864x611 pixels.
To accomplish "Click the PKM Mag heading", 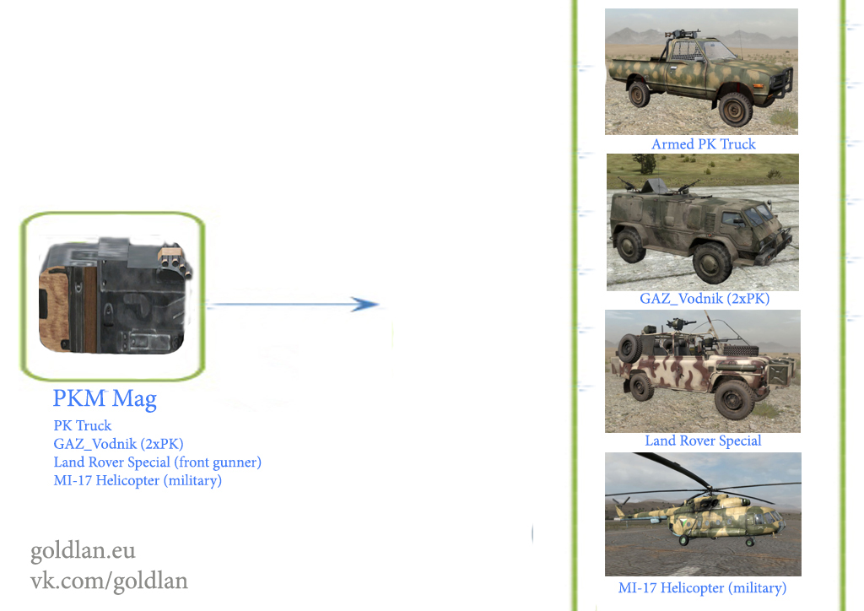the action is tap(105, 399).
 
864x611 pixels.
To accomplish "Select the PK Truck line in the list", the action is tap(82, 425).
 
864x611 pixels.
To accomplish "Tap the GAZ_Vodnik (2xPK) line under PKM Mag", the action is tap(118, 444).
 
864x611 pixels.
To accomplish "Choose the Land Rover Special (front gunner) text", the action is tap(157, 462).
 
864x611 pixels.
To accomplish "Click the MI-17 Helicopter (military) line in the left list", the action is tap(138, 480).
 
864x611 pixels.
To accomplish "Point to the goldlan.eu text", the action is tap(83, 551).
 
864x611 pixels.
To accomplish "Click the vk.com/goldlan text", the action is tap(109, 581).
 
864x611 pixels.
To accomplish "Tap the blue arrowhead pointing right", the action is tap(364, 304).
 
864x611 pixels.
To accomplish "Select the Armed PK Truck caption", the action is tap(703, 144).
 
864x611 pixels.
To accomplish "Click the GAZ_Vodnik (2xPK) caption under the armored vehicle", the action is tap(705, 299).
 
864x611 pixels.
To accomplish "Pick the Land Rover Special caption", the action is tap(703, 441).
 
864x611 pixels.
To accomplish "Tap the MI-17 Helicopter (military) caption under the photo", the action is tap(702, 588).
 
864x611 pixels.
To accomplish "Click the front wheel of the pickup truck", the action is tap(735, 109).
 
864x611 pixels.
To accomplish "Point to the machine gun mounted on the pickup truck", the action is tap(681, 35).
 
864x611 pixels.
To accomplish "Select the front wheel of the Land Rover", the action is tap(734, 399).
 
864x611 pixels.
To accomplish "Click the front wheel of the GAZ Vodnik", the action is tap(712, 263).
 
